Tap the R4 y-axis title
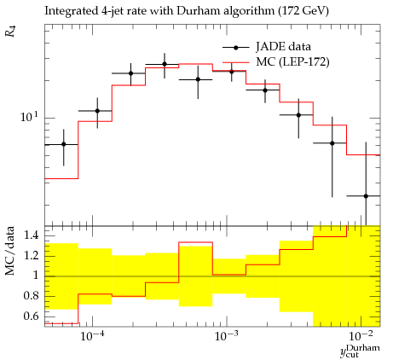[11, 32]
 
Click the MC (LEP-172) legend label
[292, 61]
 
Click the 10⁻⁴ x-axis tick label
[92, 336]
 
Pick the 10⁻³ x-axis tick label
[227, 336]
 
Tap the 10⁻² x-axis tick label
[361, 336]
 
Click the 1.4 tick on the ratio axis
[32, 235]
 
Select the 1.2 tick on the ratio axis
[32, 256]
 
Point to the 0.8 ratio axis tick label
[32, 296]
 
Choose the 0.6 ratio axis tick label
[32, 316]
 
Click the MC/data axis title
[10, 251]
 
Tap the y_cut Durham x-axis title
[360, 351]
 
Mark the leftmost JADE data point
[64, 144]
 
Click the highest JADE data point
[165, 64]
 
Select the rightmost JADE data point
[366, 196]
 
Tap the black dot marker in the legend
[235, 48]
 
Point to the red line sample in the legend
[236, 62]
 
